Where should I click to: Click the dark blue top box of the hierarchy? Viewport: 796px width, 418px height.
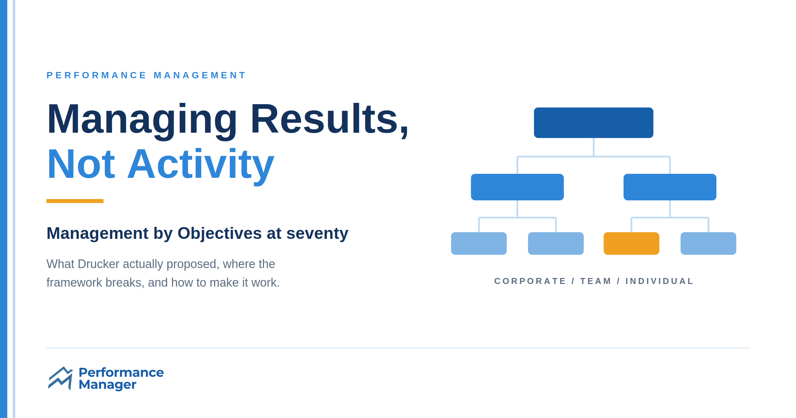pos(594,123)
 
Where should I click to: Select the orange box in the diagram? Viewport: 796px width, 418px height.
pos(631,244)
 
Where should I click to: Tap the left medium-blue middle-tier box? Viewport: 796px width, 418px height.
pos(517,187)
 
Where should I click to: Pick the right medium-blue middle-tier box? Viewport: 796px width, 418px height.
pos(670,187)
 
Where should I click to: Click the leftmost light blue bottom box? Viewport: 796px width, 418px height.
pos(479,244)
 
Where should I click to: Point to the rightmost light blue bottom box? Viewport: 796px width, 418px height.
pos(708,244)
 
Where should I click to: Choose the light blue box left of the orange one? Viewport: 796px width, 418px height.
pos(556,244)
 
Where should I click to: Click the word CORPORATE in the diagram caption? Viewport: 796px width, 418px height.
pos(530,281)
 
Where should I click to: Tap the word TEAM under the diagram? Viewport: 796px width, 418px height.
pos(595,281)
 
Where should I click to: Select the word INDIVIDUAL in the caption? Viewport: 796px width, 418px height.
pos(659,281)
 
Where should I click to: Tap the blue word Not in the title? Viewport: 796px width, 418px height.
pos(81,164)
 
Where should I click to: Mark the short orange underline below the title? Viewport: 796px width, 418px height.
pos(75,201)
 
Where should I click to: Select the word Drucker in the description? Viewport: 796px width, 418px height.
pos(99,264)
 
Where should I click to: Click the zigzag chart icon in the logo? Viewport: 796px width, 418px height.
pos(60,378)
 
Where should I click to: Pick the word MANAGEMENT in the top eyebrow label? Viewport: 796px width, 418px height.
pos(200,75)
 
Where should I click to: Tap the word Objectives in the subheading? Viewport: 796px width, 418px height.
pos(220,234)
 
